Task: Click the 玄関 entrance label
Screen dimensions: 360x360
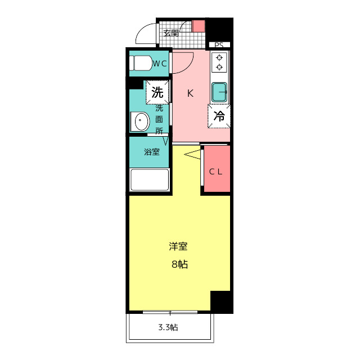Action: (171, 33)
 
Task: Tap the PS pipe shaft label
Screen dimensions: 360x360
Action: (219, 45)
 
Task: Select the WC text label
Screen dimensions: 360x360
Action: (160, 64)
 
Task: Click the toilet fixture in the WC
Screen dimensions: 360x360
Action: (140, 63)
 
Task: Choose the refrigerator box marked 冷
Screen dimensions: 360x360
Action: (219, 116)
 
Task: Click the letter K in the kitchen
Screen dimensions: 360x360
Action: (190, 93)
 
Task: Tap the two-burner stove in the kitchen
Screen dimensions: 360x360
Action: (219, 62)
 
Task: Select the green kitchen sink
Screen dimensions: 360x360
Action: (220, 90)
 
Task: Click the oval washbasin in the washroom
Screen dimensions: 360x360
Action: (140, 121)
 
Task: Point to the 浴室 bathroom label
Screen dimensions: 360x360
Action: (151, 152)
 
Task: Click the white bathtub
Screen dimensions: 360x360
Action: (150, 181)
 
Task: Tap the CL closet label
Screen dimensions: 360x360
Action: (216, 172)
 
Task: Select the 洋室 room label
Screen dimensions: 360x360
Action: (178, 246)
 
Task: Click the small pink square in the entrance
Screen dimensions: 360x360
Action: (199, 26)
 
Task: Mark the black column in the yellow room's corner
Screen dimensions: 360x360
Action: (221, 302)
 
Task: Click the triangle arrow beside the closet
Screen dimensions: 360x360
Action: (193, 155)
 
